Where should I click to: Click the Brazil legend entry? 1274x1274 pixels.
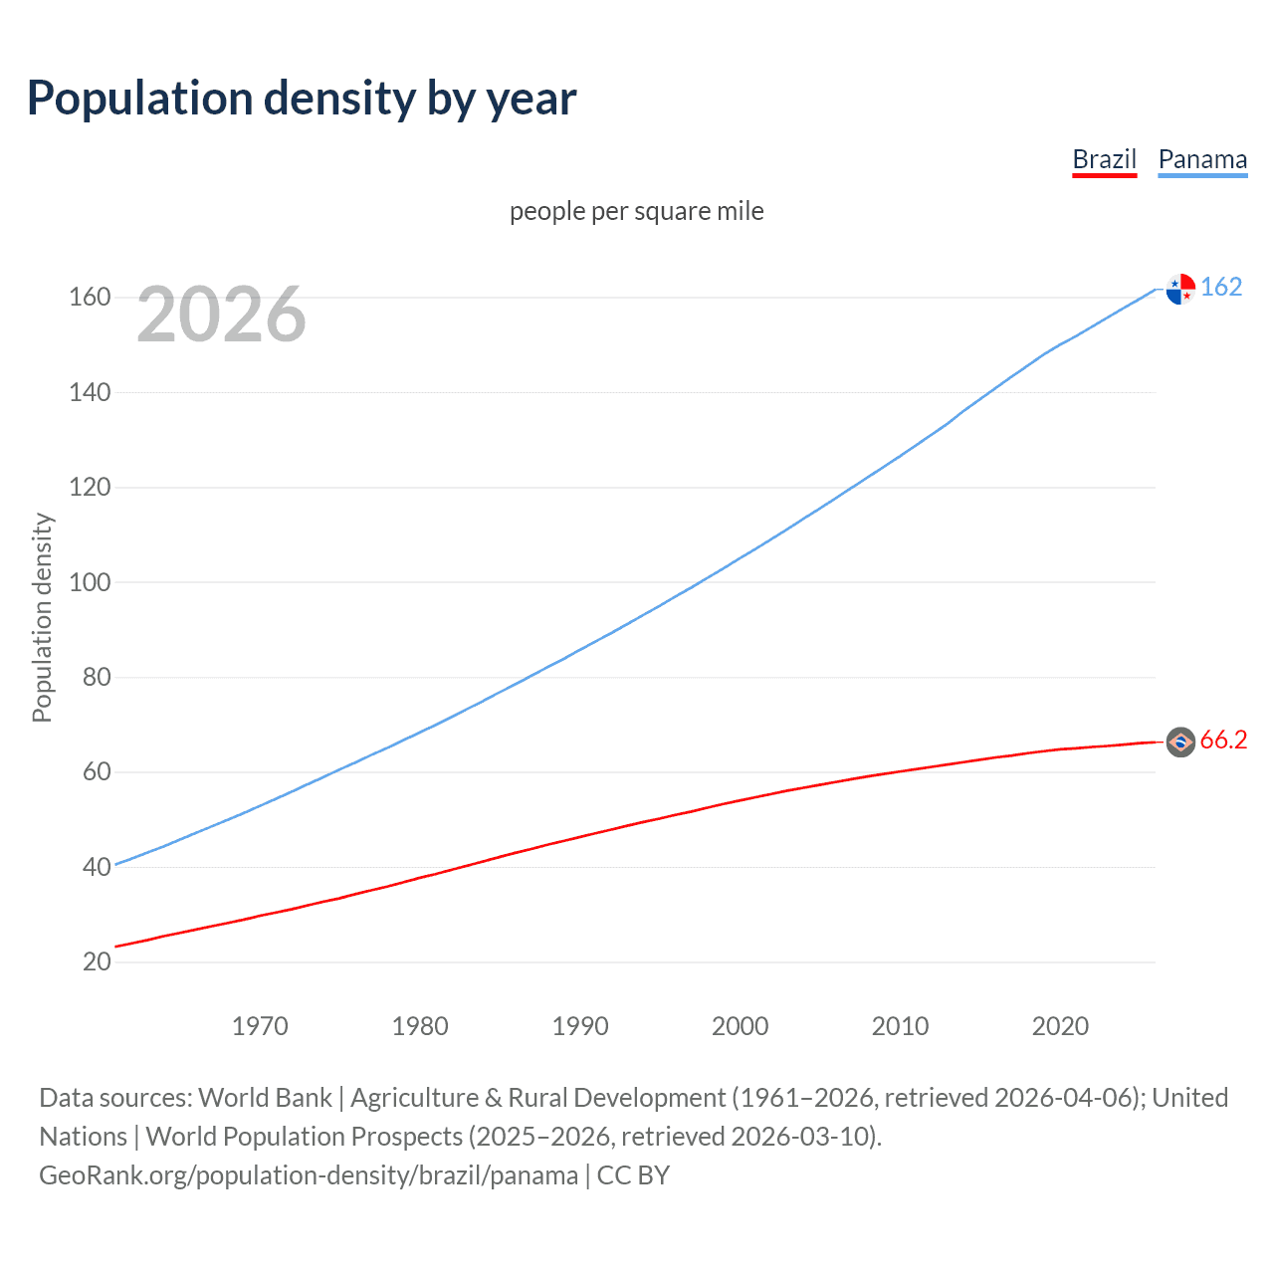[1104, 159]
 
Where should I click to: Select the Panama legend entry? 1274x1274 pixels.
[1202, 159]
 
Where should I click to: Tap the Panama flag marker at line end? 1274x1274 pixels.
[1180, 289]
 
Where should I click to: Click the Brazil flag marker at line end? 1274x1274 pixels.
[1180, 742]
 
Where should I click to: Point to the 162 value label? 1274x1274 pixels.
[1221, 287]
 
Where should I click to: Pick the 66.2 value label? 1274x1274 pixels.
[1223, 740]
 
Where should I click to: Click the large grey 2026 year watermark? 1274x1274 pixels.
[221, 315]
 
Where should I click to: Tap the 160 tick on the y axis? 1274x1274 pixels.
[90, 298]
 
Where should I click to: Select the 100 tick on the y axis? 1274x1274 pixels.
[90, 582]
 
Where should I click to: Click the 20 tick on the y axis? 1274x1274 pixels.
[97, 961]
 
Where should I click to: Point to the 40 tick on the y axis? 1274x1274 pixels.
[97, 867]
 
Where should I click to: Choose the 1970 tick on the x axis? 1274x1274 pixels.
[260, 1026]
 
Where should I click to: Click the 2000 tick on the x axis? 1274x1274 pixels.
[740, 1026]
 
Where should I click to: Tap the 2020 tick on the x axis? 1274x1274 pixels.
[1060, 1026]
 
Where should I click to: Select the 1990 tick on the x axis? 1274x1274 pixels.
[580, 1026]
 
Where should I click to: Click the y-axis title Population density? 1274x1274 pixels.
[42, 617]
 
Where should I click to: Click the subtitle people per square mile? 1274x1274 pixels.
[637, 211]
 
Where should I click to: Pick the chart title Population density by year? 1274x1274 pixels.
[302, 99]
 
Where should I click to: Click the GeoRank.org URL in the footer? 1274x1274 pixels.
[309, 1175]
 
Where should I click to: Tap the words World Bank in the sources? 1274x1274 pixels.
[265, 1098]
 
